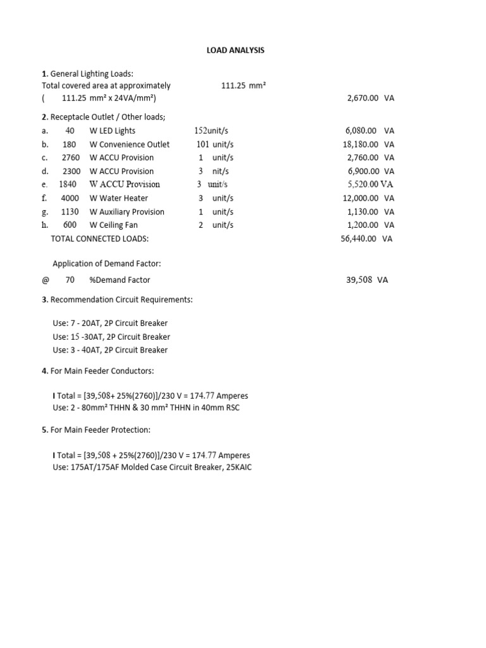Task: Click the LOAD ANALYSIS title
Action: pos(235,51)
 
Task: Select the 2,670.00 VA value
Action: pos(370,99)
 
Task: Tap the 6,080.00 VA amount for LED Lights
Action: pos(370,131)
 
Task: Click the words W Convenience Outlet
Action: pos(130,144)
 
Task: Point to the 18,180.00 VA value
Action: pos(368,144)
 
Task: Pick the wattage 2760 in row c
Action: pos(71,158)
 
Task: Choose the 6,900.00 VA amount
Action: pos(370,171)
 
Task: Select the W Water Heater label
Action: pos(119,198)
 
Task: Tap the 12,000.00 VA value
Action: pos(368,198)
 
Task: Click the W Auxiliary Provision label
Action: pos(127,212)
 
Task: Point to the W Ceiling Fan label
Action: pos(114,225)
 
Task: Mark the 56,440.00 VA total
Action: pos(366,239)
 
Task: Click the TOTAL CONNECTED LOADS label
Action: pos(99,239)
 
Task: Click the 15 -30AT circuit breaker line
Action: pos(111,337)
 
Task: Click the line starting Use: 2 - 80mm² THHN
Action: pos(146,408)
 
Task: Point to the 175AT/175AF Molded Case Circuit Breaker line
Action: pos(152,468)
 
